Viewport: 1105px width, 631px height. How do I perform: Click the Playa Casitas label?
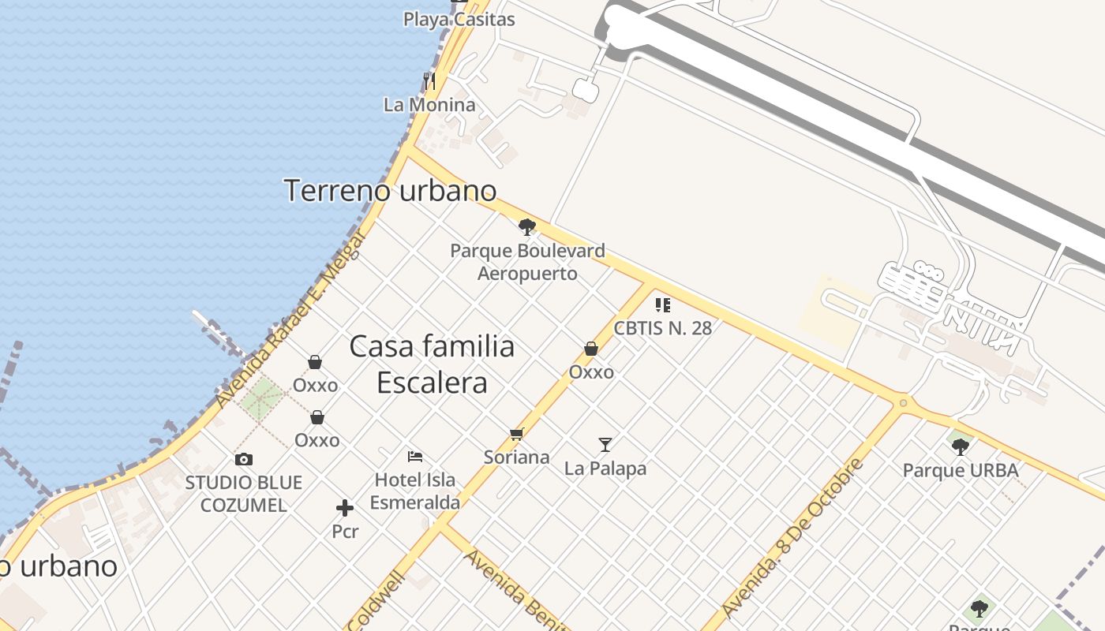point(459,20)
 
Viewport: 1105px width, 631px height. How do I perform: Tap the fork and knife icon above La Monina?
point(429,80)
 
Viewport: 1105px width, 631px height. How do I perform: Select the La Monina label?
point(429,105)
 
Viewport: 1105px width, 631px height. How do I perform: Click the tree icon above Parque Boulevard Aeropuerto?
point(527,228)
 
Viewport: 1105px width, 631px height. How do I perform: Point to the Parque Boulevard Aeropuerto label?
point(527,263)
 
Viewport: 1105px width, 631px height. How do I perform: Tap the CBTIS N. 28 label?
point(663,328)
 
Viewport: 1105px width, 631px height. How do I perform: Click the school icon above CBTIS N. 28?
point(663,304)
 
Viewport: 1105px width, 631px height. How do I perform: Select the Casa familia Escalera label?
point(432,364)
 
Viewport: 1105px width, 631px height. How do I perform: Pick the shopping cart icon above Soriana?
point(517,434)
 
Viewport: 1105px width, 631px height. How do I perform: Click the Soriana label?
point(517,457)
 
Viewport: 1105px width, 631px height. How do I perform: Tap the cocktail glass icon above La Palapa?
point(605,445)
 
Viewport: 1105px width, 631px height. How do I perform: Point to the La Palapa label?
point(605,469)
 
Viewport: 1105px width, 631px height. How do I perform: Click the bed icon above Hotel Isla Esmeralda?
point(415,456)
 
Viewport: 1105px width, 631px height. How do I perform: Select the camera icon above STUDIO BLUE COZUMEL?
point(244,459)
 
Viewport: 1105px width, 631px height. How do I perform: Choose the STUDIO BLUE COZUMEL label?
point(244,494)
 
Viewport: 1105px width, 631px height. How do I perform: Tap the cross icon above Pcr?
point(345,508)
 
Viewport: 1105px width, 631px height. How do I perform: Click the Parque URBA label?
point(961,471)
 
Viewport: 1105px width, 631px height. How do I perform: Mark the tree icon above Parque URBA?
point(961,447)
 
